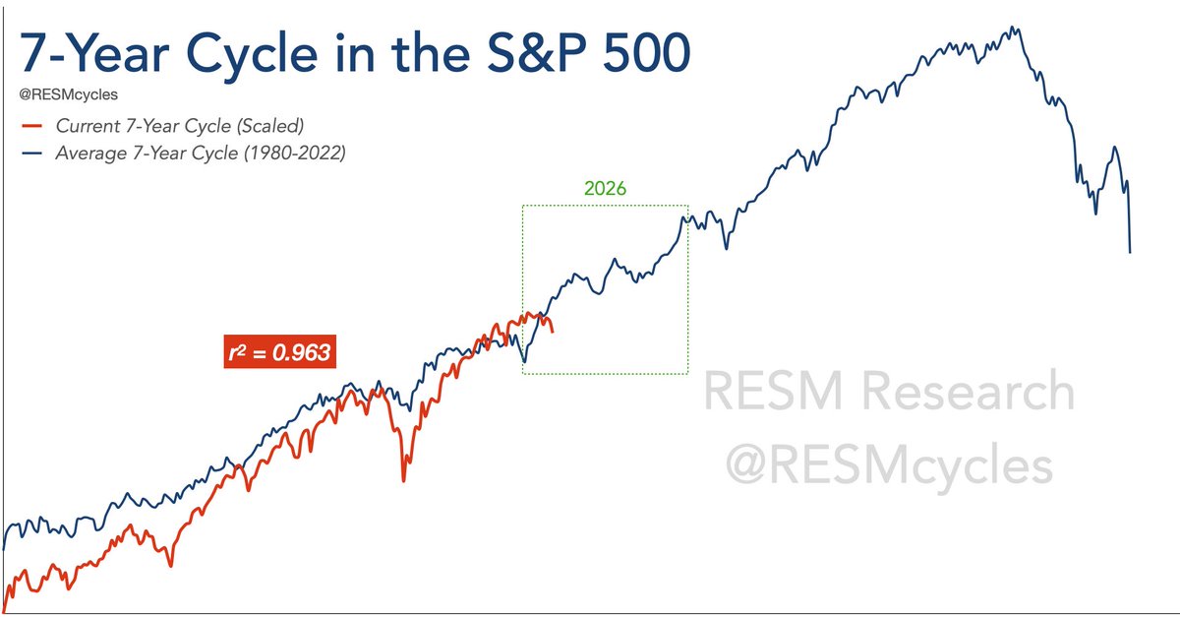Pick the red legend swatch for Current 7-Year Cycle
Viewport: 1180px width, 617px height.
[x=32, y=126]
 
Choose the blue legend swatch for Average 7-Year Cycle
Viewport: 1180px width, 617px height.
[x=32, y=154]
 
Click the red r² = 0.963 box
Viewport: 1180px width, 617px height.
[x=280, y=351]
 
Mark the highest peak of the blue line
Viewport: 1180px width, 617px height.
[x=1012, y=27]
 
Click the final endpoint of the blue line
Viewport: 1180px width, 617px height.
[x=1130, y=253]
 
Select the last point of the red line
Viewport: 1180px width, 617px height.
[x=553, y=332]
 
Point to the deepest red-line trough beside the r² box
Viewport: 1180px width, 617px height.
[x=403, y=480]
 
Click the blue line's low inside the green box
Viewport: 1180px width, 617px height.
[x=524, y=362]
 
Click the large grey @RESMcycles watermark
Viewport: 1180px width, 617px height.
[x=889, y=463]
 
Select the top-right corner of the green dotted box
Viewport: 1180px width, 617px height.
[x=687, y=205]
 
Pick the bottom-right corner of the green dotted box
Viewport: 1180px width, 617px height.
[x=687, y=373]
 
